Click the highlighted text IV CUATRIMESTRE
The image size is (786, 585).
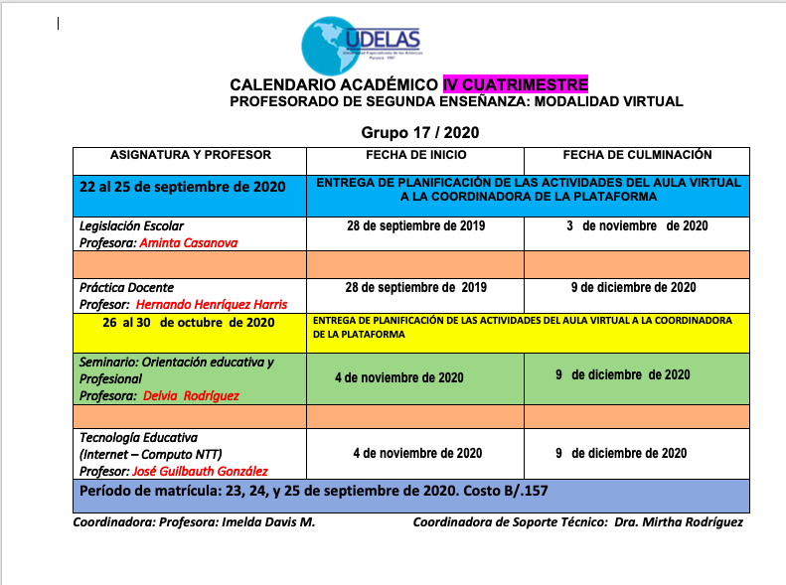pyautogui.click(x=516, y=84)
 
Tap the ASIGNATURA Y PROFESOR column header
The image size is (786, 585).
pyautogui.click(x=190, y=155)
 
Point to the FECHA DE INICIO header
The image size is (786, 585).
pyautogui.click(x=415, y=155)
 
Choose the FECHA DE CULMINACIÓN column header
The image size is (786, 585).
pyautogui.click(x=637, y=155)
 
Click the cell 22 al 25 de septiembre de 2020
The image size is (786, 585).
pyautogui.click(x=183, y=187)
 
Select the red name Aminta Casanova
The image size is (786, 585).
pyautogui.click(x=189, y=242)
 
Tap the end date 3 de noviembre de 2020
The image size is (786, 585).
pyautogui.click(x=637, y=226)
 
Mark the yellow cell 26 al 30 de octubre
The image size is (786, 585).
pyautogui.click(x=188, y=323)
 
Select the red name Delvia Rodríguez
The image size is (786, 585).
pyautogui.click(x=191, y=395)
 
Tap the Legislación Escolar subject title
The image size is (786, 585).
pyautogui.click(x=131, y=226)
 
